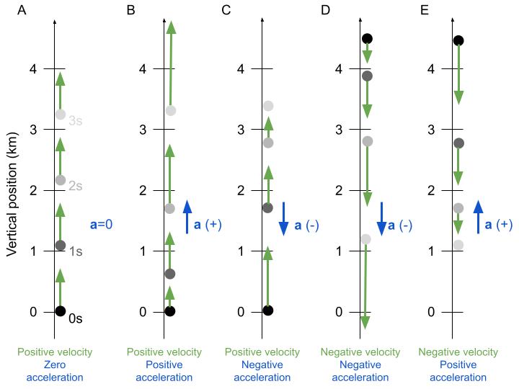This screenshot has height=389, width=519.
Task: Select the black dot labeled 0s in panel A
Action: [x=61, y=311]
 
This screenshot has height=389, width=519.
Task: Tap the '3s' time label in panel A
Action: [x=76, y=121]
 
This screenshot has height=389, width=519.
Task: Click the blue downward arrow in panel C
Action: [x=284, y=218]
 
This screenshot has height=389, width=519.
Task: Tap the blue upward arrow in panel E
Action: [x=477, y=218]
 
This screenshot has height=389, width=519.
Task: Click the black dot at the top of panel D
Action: [x=367, y=39]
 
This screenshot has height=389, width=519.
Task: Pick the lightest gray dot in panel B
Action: [x=171, y=110]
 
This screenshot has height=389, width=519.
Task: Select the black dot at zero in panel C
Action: [x=268, y=310]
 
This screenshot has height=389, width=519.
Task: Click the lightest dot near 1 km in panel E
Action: [x=458, y=245]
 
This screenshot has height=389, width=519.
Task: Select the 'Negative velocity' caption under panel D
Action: [x=360, y=352]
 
